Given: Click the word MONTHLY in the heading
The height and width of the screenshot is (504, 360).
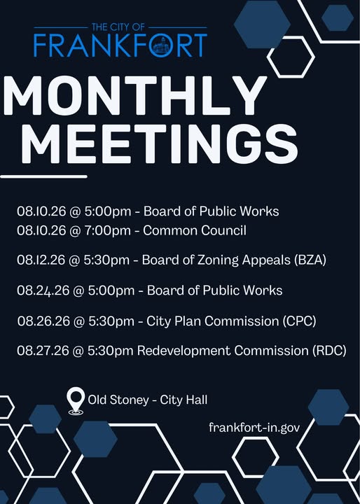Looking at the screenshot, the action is tap(135, 95).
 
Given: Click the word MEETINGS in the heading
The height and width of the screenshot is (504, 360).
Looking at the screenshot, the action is tap(160, 143).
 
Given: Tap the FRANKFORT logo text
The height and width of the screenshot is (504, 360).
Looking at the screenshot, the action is tap(120, 45).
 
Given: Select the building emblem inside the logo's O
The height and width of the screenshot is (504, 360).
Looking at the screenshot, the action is tap(161, 45).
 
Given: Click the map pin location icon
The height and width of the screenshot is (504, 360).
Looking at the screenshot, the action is tap(76, 400).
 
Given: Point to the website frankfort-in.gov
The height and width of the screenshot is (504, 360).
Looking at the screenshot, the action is tap(254, 428).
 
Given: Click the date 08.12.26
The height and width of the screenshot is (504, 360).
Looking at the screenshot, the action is tap(41, 260).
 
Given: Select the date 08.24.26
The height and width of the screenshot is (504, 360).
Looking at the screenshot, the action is tap(43, 290).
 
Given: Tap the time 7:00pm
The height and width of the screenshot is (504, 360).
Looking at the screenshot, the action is tap(107, 231).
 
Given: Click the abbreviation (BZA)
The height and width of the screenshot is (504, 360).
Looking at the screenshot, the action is tap(310, 260).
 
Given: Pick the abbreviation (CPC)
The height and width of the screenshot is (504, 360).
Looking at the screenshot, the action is tap(299, 321).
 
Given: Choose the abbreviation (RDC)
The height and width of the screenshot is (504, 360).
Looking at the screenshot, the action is tap(329, 351).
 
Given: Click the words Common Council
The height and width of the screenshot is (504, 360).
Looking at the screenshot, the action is tap(195, 230).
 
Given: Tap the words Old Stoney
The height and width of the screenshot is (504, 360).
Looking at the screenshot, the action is tap(118, 400).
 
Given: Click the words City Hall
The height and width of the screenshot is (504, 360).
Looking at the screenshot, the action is tap(184, 400).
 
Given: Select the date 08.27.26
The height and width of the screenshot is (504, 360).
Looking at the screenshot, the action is tap(43, 351).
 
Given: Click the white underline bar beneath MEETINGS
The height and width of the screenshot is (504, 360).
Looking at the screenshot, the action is tap(43, 176).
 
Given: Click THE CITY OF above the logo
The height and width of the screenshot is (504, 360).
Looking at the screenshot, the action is tap(118, 27).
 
